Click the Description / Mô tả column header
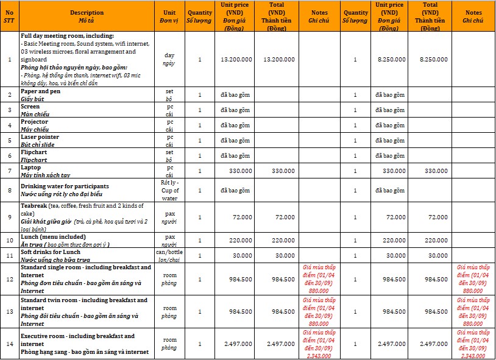click(87, 16)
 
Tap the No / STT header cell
click(9, 16)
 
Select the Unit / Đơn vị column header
click(169, 16)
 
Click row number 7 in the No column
click(9, 171)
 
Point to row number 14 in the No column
click(9, 344)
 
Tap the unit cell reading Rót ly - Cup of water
click(169, 190)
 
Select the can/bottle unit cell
click(169, 255)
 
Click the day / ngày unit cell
click(169, 59)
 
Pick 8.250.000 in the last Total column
click(433, 60)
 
